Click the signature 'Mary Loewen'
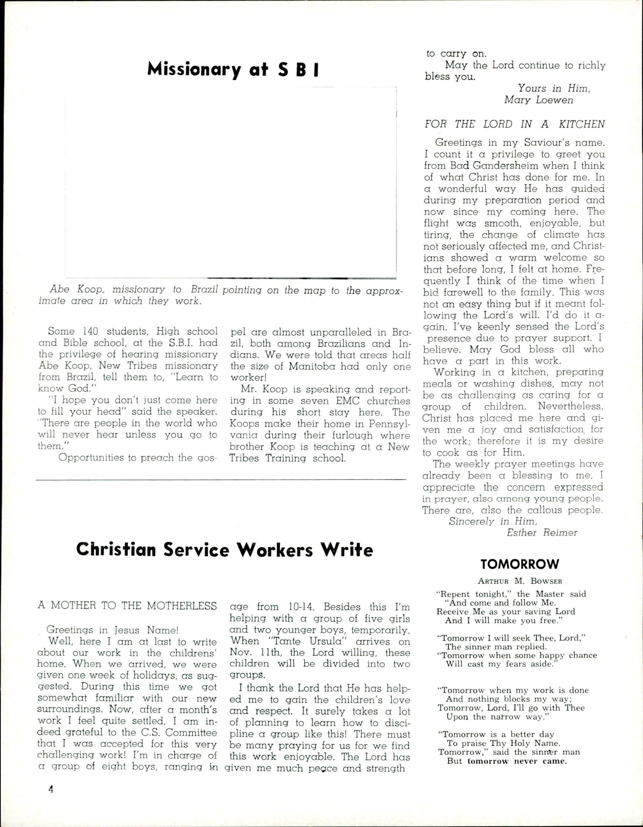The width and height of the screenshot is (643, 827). click(x=539, y=100)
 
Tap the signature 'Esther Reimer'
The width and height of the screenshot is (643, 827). click(x=542, y=533)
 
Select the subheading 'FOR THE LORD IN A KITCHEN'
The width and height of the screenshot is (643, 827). click(x=515, y=124)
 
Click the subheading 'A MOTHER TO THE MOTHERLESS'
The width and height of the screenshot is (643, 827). click(x=127, y=606)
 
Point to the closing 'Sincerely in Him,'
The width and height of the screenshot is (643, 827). click(x=493, y=521)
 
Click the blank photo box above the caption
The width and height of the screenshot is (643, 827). click(x=231, y=183)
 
